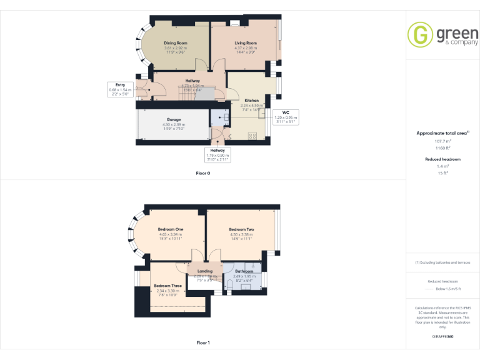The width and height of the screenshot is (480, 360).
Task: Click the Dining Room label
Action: [x=176, y=43]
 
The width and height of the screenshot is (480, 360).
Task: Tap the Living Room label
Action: [x=246, y=43]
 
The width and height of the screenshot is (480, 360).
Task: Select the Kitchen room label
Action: [x=252, y=101]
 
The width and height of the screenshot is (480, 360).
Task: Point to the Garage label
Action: [x=174, y=119]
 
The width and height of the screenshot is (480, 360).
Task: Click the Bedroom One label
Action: [x=170, y=229]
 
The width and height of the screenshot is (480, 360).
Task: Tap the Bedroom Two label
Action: [x=241, y=229]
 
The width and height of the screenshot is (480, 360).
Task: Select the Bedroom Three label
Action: [x=167, y=286]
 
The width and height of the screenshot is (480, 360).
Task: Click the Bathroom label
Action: [x=244, y=271]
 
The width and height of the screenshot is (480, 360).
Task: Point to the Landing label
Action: [x=204, y=271]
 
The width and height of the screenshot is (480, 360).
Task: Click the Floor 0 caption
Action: [x=203, y=173]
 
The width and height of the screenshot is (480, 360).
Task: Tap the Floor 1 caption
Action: [x=203, y=342]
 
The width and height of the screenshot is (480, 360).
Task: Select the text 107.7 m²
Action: [x=443, y=141]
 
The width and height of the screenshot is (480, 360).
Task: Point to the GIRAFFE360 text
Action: [x=442, y=337]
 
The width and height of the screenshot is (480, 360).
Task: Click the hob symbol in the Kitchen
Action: [x=253, y=135]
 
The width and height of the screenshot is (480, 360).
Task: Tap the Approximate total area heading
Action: [x=442, y=133]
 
